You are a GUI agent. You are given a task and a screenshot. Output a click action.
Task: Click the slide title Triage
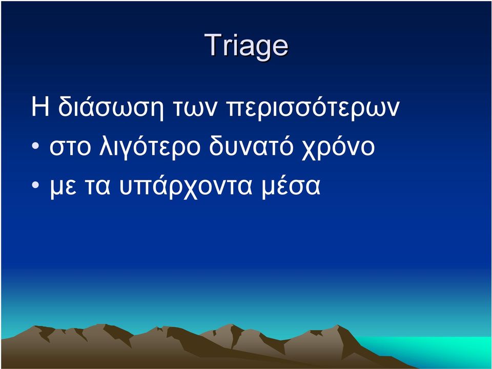pyautogui.click(x=247, y=46)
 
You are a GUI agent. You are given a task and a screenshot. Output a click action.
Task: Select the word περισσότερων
pyautogui.click(x=313, y=108)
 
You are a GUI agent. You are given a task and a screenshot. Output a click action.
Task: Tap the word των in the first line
pyautogui.click(x=195, y=108)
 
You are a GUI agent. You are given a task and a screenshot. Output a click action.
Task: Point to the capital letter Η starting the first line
pyautogui.click(x=40, y=107)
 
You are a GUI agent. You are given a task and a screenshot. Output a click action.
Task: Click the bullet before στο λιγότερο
pyautogui.click(x=35, y=146)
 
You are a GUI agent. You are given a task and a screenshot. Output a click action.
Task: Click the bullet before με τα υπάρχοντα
pyautogui.click(x=35, y=185)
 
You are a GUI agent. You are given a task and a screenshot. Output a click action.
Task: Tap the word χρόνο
pyautogui.click(x=338, y=147)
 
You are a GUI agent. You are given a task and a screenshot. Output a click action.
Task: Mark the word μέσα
pyautogui.click(x=291, y=187)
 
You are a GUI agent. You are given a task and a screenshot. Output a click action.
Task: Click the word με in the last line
pyautogui.click(x=63, y=188)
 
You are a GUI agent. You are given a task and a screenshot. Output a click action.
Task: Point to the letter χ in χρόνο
pyautogui.click(x=310, y=150)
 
